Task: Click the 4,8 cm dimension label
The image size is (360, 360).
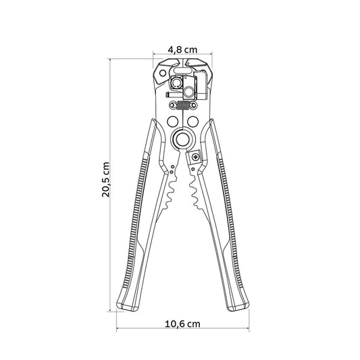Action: pyautogui.click(x=182, y=49)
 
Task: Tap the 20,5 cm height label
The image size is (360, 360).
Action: pyautogui.click(x=105, y=180)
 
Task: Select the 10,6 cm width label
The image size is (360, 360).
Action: pyautogui.click(x=182, y=324)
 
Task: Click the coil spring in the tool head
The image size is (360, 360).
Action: pyautogui.click(x=183, y=105)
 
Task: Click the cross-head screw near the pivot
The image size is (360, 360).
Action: pyautogui.click(x=196, y=157)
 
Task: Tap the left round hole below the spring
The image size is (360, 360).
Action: pyautogui.click(x=173, y=121)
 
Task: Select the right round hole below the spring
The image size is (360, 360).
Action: pyautogui.click(x=193, y=121)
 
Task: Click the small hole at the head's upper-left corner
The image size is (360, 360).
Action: pyautogui.click(x=163, y=73)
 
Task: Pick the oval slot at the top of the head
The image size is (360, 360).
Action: pyautogui.click(x=183, y=70)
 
